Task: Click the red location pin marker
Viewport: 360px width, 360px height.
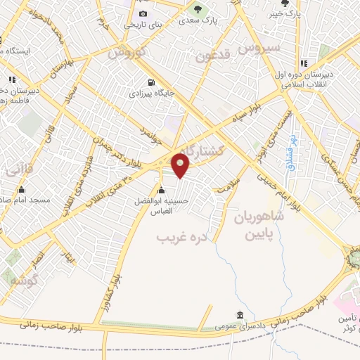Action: coord(181,165)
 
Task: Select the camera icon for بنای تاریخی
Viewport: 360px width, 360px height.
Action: coord(143,13)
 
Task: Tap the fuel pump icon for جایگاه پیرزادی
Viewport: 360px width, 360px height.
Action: coord(151,81)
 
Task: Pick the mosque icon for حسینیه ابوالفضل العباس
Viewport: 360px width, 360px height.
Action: coord(162,190)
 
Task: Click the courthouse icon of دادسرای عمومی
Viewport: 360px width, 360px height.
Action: coord(240,315)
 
